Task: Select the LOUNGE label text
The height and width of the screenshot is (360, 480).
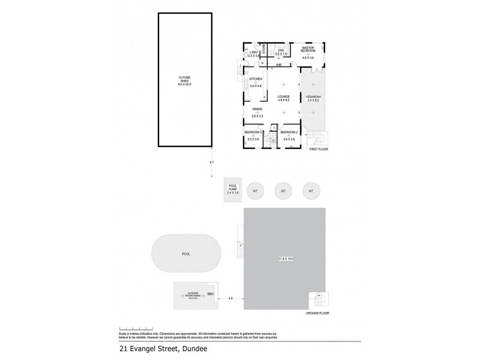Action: click(x=284, y=96)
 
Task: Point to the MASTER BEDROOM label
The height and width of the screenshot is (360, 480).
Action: click(x=308, y=49)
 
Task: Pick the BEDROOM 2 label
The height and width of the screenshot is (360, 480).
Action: click(x=289, y=131)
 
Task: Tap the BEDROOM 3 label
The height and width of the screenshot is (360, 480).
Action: click(x=253, y=131)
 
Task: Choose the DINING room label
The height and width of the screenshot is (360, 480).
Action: click(x=256, y=109)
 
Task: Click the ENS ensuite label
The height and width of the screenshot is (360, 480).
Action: click(x=280, y=50)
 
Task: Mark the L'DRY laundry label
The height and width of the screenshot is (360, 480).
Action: click(x=253, y=53)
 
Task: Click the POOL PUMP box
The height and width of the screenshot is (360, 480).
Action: click(x=233, y=190)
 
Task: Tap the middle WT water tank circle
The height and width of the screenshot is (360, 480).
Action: click(x=283, y=191)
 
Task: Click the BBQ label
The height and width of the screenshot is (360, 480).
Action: click(x=210, y=293)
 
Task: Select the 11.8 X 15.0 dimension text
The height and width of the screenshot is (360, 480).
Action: click(x=286, y=259)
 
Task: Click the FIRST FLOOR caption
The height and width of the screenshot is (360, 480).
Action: click(x=319, y=148)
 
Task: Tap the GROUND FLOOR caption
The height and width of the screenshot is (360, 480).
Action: click(x=317, y=313)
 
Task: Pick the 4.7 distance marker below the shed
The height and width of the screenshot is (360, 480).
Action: click(x=211, y=163)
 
